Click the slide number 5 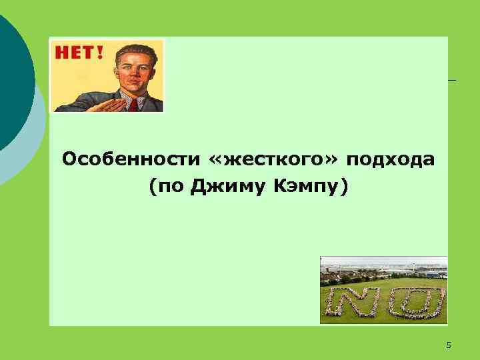[x=448, y=345]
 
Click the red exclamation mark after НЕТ [x=100, y=51]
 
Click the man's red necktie [x=134, y=105]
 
